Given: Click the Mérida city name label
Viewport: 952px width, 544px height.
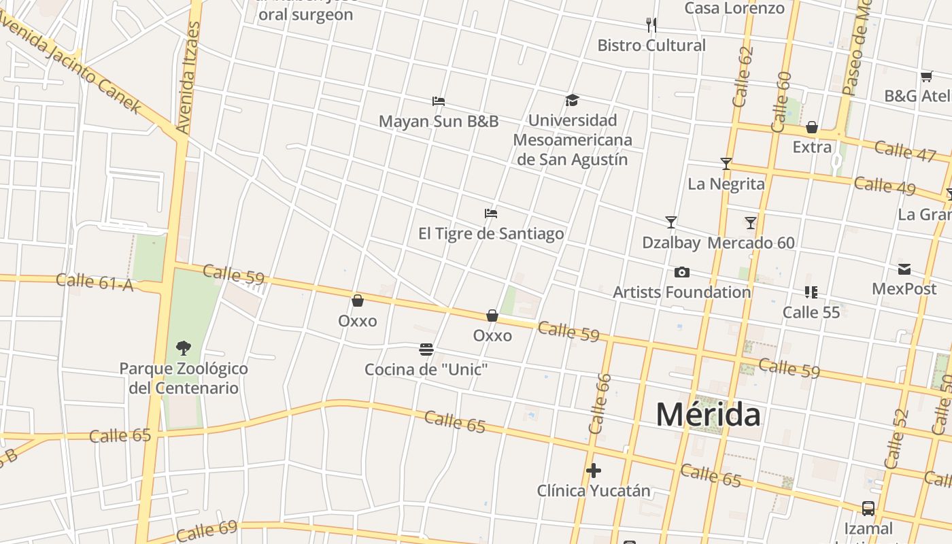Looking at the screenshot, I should (x=708, y=414).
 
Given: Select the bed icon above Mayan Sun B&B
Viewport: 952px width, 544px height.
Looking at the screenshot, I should (x=439, y=101).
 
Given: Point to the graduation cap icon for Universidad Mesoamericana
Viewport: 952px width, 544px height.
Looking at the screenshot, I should (x=572, y=101).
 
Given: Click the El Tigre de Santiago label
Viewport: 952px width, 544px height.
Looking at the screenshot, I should (x=491, y=234).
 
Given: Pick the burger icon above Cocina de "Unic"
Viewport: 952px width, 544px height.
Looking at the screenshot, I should (x=426, y=350).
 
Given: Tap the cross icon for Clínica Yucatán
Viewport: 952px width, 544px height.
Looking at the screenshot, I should (x=594, y=471).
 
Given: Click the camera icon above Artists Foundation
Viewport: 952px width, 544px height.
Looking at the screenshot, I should (x=682, y=273).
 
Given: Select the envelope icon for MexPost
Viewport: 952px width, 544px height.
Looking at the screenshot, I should (x=904, y=269).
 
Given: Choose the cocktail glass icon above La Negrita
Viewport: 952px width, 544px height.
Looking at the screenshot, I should (x=726, y=164).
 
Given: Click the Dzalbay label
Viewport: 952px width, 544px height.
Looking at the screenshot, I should (x=671, y=243).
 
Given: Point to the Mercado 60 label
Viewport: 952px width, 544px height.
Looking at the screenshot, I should (x=751, y=243).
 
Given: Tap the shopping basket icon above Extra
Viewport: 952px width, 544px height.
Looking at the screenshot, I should (x=811, y=127).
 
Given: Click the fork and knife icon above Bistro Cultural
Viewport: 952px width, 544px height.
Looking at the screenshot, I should (x=651, y=25).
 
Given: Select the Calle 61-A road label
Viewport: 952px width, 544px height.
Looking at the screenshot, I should (x=95, y=282).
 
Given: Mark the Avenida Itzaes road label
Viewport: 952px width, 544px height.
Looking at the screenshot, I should (x=188, y=78).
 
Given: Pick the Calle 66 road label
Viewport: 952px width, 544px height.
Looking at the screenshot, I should (x=600, y=404).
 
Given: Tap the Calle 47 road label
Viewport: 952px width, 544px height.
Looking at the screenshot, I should (x=905, y=151).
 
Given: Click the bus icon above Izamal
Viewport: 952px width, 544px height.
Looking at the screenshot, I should (x=868, y=508).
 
